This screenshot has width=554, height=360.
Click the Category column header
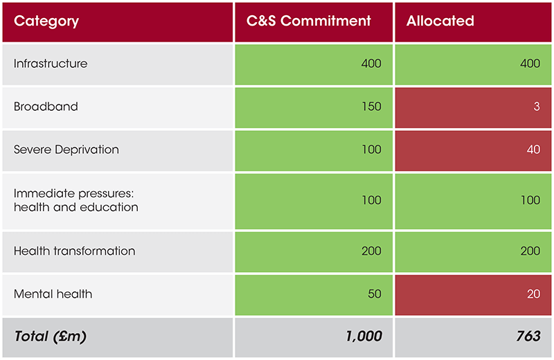pos(46,21)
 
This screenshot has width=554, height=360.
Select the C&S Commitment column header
pos(309,21)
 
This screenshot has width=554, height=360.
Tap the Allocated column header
pos(440,21)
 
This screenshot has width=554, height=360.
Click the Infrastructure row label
pos(51,64)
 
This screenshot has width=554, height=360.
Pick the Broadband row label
pos(46,107)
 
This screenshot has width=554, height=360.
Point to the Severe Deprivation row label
pos(66,150)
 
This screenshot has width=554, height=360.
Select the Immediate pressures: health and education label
pos(76,201)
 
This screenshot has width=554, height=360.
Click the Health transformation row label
pos(74,251)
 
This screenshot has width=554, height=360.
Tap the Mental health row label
pos(53,294)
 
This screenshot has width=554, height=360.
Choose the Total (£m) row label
pos(50,336)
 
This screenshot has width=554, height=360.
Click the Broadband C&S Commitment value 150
pos(371,107)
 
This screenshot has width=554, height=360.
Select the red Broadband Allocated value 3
pos(537,107)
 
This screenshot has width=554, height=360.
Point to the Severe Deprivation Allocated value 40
pos(533,150)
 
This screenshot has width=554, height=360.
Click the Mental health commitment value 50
pos(375,294)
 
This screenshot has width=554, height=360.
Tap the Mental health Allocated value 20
pos(533,294)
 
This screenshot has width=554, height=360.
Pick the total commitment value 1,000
pos(364,336)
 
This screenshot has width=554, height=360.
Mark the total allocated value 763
pos(528,336)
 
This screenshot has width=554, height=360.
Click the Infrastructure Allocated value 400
pos(530,64)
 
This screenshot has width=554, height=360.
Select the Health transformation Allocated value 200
pos(530,251)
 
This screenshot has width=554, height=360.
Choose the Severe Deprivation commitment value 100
pos(371,150)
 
